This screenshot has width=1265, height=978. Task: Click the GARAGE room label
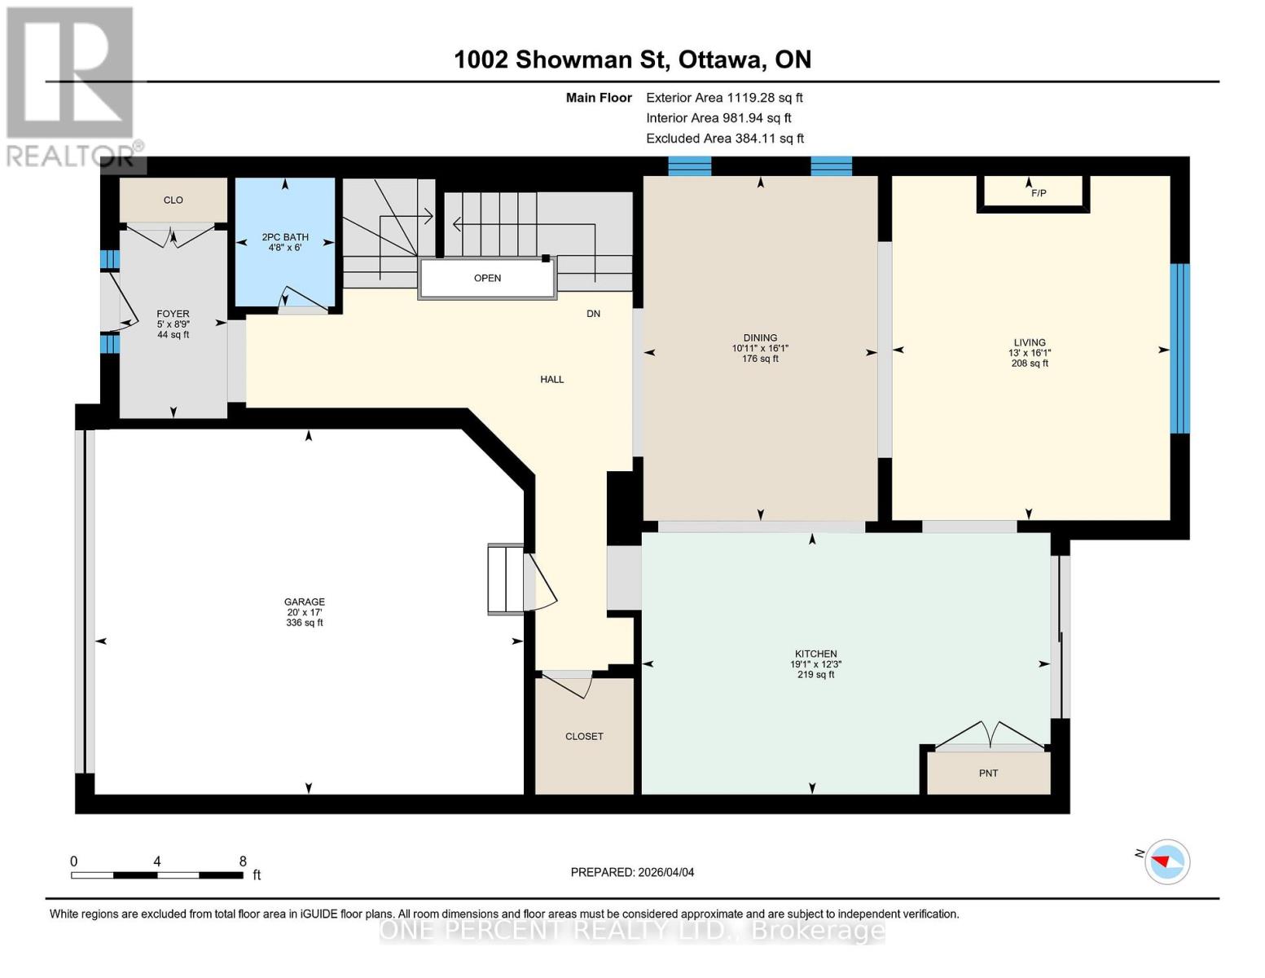click(x=305, y=602)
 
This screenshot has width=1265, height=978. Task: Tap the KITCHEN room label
click(x=815, y=654)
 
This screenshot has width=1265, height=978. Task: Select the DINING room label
click(x=760, y=337)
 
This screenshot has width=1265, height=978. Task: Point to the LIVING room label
click(x=1030, y=343)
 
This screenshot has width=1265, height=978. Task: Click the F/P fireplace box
click(x=1034, y=193)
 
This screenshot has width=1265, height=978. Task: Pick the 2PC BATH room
click(x=285, y=241)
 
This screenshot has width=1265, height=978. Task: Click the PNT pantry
click(x=988, y=773)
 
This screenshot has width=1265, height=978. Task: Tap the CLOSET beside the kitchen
click(x=584, y=736)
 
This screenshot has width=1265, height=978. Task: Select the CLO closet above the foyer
click(x=173, y=200)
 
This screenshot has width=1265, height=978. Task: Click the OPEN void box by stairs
click(x=487, y=278)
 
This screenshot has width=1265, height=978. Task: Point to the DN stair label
click(x=593, y=314)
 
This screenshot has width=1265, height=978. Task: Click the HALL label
click(x=551, y=379)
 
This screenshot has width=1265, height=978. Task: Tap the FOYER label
click(x=173, y=314)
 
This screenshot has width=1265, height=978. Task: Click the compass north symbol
click(x=1166, y=861)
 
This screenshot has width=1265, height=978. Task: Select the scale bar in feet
click(x=157, y=874)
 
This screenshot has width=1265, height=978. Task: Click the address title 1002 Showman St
click(x=632, y=59)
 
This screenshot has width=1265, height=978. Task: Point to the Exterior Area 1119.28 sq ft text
click(x=724, y=98)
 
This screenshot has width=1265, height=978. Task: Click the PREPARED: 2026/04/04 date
click(x=632, y=872)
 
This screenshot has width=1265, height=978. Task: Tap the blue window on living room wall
click(x=1179, y=348)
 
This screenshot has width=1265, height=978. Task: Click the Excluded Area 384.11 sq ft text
click(x=725, y=139)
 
